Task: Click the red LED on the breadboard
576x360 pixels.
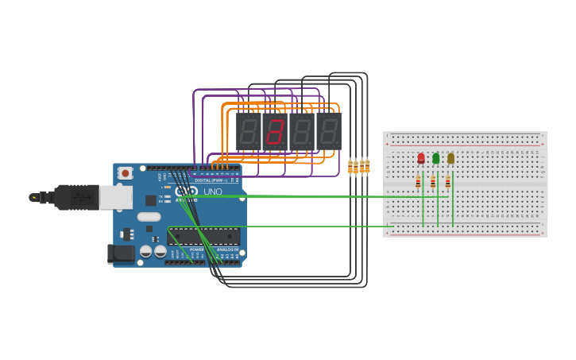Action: click(421, 158)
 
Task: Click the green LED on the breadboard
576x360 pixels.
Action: click(435, 158)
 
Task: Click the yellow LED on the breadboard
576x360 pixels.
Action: click(450, 158)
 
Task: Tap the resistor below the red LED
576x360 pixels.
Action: click(418, 182)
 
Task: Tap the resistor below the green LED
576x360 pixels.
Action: click(433, 182)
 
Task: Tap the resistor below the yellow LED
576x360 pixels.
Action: click(447, 182)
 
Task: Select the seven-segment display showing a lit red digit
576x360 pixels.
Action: click(275, 131)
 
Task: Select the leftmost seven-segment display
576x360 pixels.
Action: click(248, 131)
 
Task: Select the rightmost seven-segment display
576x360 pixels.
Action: click(329, 131)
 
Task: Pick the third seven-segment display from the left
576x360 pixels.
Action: click(302, 131)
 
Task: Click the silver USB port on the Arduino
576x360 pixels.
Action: click(115, 197)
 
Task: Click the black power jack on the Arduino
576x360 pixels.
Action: click(120, 254)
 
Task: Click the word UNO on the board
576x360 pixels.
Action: click(213, 192)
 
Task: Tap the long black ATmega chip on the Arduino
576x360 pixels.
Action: click(203, 236)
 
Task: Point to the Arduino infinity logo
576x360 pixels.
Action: click(186, 192)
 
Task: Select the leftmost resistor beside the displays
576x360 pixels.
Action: click(350, 167)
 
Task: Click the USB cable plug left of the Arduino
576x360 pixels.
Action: click(75, 197)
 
